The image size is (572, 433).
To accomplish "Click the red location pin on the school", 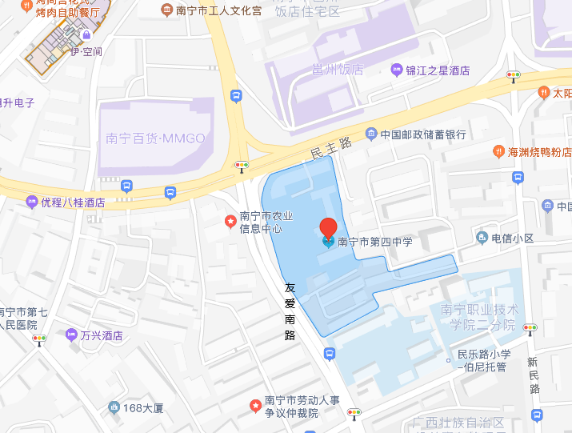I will coord(328,227).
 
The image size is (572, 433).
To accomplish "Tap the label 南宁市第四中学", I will coord(374,241).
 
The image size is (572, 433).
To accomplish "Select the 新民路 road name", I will coord(534,375).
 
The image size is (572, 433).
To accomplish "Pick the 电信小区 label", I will coord(512,238).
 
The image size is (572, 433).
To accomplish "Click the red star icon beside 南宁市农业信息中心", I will coord(230,217).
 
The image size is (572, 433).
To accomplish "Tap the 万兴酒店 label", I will coord(101,336).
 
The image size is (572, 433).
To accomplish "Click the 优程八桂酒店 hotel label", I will coord(73,202).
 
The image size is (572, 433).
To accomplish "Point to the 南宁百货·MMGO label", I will coord(155,138).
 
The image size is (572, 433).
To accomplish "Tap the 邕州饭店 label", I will coord(329,70).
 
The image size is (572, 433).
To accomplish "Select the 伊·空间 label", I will coord(87,52).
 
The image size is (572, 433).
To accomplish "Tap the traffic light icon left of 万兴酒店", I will coord(39,339).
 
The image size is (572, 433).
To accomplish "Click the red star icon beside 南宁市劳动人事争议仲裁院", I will coord(255,403).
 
